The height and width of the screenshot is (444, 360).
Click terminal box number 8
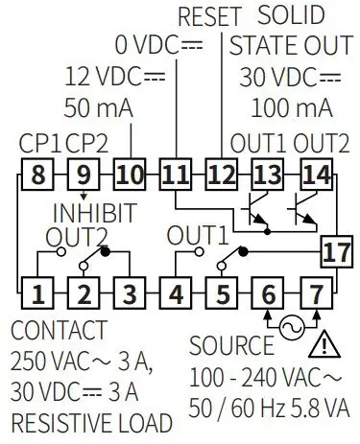pos(36,175)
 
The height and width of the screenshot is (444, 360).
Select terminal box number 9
pos(83,175)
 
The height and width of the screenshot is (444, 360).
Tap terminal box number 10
pos(129,175)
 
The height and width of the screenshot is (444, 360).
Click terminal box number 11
pos(175,175)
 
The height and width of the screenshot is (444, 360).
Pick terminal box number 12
pos(221,175)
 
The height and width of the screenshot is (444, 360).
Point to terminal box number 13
pos(267,175)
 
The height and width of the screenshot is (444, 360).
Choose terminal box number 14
pos(313,175)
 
